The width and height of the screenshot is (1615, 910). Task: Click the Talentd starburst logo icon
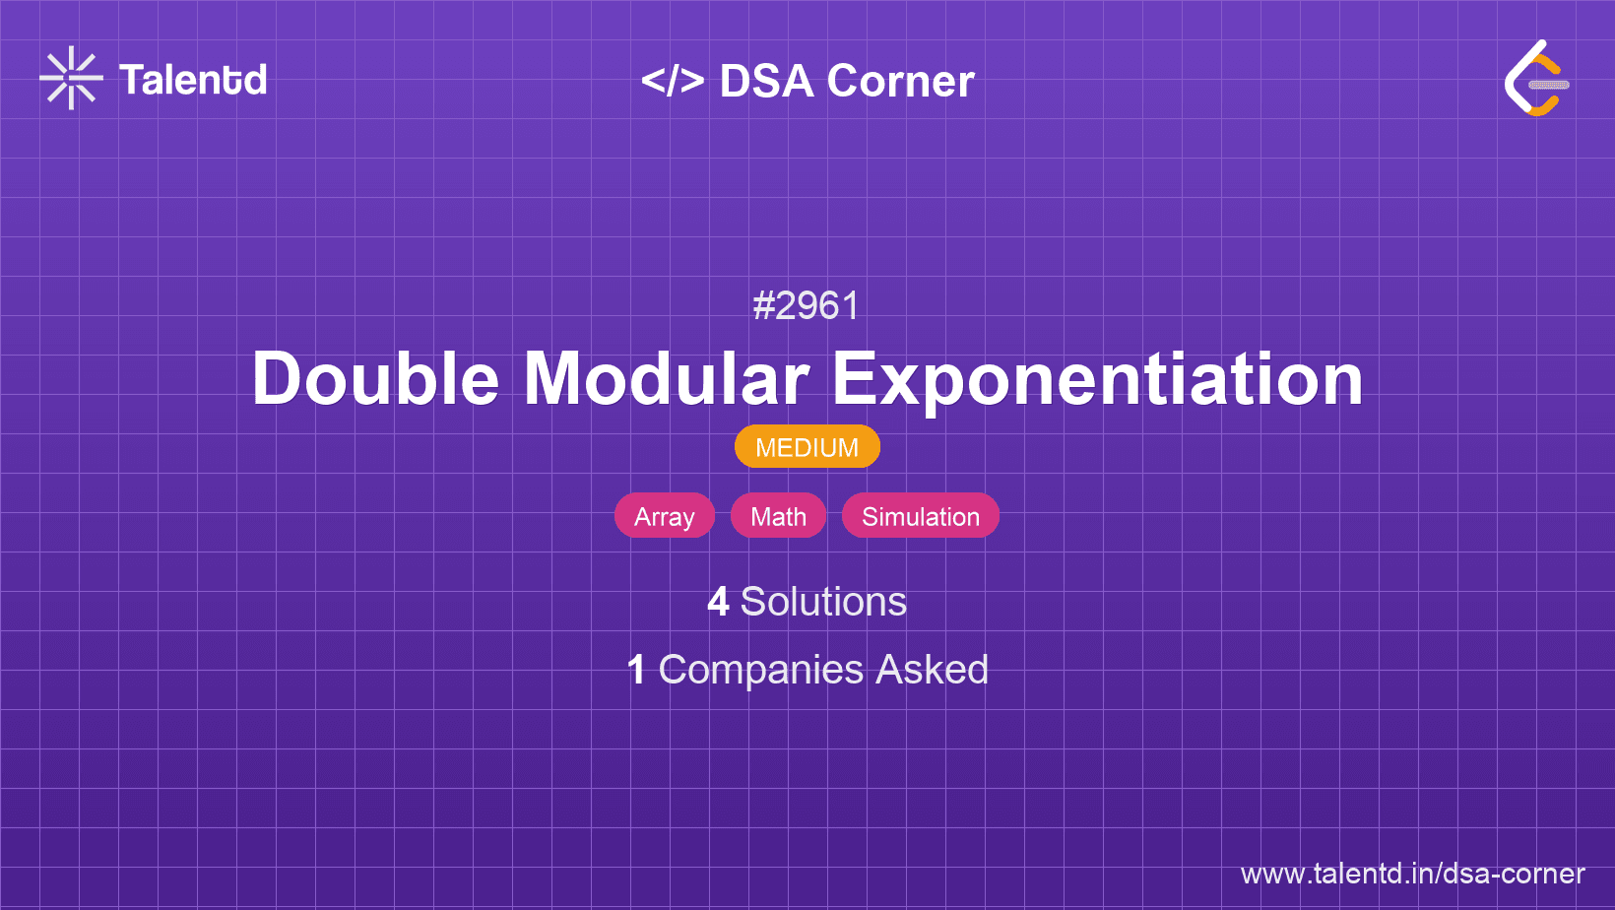coord(71,78)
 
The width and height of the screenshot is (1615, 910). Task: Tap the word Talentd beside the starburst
coord(193,80)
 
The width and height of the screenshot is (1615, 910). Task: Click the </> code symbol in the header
coord(673,81)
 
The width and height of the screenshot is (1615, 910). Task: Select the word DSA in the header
coord(767,81)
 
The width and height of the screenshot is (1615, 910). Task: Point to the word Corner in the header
coord(900,81)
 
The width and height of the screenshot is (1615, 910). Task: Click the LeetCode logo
coord(1537,78)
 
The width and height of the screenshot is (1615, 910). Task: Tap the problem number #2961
coord(807,305)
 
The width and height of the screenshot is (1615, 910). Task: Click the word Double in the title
coord(375,378)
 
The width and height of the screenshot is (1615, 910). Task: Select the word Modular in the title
coord(666,378)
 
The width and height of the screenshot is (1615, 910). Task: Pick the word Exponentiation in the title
coord(1097,380)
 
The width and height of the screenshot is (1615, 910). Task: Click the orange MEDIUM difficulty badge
coord(807,447)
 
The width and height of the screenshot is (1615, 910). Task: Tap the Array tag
coord(664,516)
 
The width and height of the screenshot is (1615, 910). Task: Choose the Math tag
coord(778,516)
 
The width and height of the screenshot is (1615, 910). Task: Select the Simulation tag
coord(921,516)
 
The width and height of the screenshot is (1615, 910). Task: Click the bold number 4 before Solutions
coord(718,602)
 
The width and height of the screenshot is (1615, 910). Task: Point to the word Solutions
coord(823,602)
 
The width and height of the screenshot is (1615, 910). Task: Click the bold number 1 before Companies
coord(636,670)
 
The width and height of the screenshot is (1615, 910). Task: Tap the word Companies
coord(760,671)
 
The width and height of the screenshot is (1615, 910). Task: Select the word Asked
coord(932,669)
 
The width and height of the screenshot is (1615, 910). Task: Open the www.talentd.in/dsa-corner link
coord(1412,874)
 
